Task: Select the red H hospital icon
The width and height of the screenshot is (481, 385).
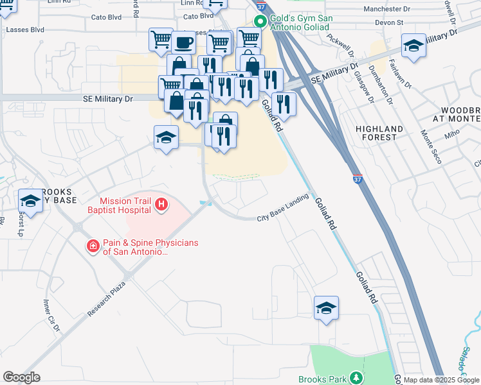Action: [x=161, y=205]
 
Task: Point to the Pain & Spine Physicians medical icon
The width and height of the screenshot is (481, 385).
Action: [x=93, y=246]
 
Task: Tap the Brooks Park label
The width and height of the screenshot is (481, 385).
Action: [x=323, y=379]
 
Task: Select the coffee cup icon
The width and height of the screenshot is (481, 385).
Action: [x=183, y=42]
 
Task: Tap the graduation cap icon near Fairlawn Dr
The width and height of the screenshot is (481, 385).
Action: [x=413, y=46]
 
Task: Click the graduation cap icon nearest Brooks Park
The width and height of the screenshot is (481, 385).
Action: [x=326, y=309]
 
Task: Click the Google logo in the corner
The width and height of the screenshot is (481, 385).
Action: [x=21, y=377]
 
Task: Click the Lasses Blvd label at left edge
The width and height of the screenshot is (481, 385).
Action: [x=24, y=30]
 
